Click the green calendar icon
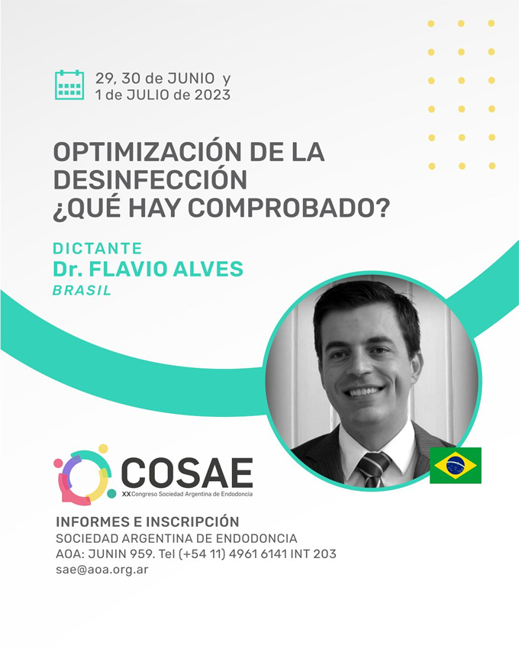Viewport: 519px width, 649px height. pyautogui.click(x=69, y=85)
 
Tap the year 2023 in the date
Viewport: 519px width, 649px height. pyautogui.click(x=213, y=95)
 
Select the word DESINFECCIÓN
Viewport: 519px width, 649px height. pyautogui.click(x=150, y=179)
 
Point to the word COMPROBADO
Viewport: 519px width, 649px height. pyautogui.click(x=283, y=208)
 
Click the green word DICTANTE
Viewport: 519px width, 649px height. pyautogui.click(x=97, y=248)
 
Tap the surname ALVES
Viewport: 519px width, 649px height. pyautogui.click(x=208, y=269)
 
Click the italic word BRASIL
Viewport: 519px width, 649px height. pyautogui.click(x=82, y=291)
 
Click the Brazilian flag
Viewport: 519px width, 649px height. pyautogui.click(x=455, y=465)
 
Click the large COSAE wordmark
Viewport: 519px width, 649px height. pyautogui.click(x=187, y=473)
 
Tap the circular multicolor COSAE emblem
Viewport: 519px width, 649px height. pyautogui.click(x=85, y=475)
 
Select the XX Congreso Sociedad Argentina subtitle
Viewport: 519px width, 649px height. pyautogui.click(x=187, y=494)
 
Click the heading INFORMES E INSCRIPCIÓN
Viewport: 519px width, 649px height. pyautogui.click(x=147, y=521)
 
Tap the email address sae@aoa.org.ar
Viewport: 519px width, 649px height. pyautogui.click(x=102, y=570)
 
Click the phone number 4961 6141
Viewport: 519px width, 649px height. pyautogui.click(x=257, y=554)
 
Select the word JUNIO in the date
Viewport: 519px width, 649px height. pyautogui.click(x=192, y=78)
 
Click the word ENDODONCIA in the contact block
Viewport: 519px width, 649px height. pyautogui.click(x=256, y=538)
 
